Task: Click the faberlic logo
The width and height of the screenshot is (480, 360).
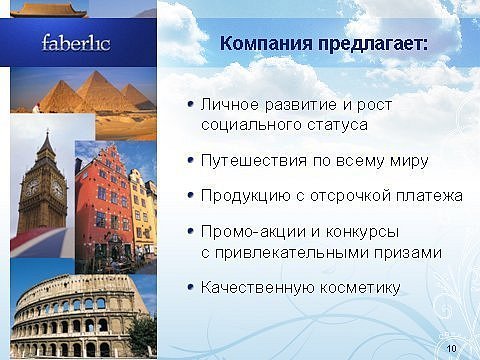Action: click(76, 43)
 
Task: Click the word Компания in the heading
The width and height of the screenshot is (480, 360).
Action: click(266, 44)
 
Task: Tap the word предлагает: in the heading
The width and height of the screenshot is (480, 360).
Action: click(373, 44)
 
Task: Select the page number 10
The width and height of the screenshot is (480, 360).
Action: click(451, 348)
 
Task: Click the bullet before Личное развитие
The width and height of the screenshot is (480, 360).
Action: click(191, 104)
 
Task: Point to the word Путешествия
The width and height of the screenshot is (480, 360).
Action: click(254, 161)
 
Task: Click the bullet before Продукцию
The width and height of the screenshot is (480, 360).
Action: click(191, 195)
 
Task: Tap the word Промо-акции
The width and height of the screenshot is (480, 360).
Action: click(253, 232)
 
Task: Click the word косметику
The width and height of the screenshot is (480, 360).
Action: click(360, 288)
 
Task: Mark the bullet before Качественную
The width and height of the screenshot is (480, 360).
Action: click(191, 287)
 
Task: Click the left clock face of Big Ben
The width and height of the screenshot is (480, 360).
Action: click(32, 188)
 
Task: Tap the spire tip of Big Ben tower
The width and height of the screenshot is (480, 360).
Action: click(48, 130)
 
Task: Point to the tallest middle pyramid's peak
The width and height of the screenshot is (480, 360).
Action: click(97, 72)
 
